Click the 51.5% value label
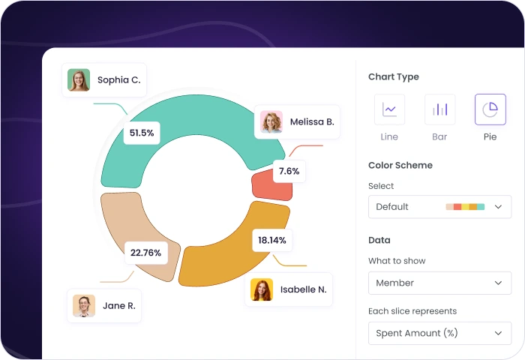click(141, 133)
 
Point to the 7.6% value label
click(289, 171)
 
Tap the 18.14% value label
click(271, 240)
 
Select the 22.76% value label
click(145, 253)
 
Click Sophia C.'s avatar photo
click(79, 80)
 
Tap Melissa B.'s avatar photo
click(271, 121)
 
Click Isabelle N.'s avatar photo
click(262, 289)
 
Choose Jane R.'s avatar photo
click(84, 305)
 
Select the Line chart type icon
click(389, 109)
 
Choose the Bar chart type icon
click(439, 109)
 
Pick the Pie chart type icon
click(490, 109)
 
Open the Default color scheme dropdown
click(439, 206)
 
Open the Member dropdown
click(439, 283)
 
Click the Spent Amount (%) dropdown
click(439, 333)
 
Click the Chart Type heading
click(394, 76)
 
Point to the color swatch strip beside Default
click(465, 206)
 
